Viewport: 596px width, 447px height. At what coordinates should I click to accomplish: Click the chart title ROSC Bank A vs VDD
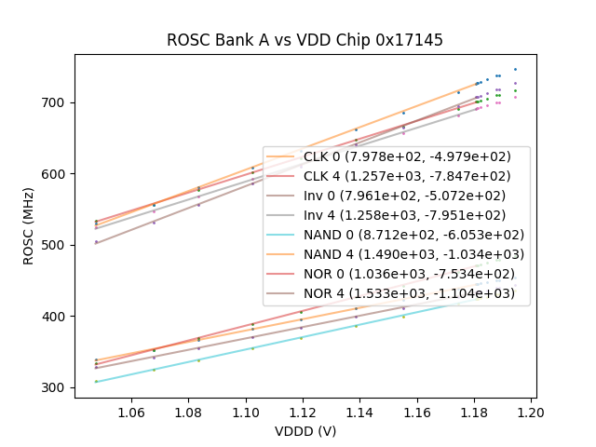pos(305,40)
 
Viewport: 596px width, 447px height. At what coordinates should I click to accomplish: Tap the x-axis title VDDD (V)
pos(305,431)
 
